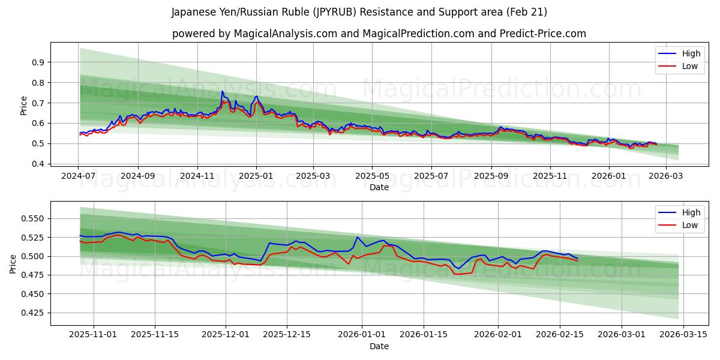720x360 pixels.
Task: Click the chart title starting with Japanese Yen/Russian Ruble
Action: point(359,12)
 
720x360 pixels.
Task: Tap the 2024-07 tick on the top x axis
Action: point(79,176)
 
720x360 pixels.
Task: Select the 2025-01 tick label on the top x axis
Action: point(256,176)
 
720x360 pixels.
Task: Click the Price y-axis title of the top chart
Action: point(24,105)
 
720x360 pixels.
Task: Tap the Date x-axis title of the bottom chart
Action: point(379,346)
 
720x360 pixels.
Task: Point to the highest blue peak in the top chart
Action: point(222,91)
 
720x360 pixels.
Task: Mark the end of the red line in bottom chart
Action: point(577,260)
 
